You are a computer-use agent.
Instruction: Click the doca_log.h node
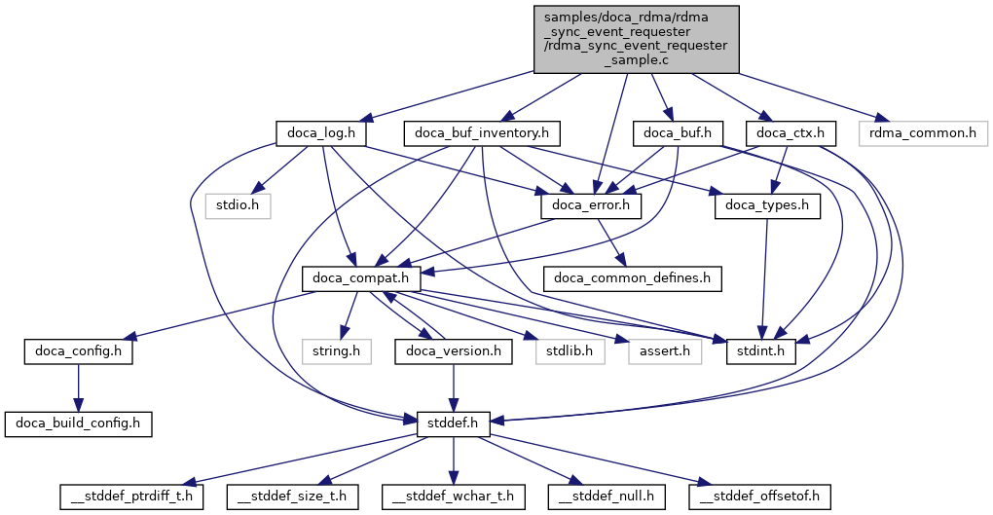point(320,132)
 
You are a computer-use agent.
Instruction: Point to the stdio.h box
point(238,205)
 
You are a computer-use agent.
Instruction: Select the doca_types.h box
point(767,205)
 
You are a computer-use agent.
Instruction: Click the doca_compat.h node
point(361,278)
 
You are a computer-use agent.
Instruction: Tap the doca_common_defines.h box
point(632,278)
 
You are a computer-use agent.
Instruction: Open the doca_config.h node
point(79,350)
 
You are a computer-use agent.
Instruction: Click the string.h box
point(336,350)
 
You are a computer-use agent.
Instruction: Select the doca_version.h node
point(454,350)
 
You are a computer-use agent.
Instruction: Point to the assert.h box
point(665,350)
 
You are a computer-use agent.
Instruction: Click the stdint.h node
point(761,350)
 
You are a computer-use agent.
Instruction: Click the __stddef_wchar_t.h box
point(454,497)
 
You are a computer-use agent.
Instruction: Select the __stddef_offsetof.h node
point(760,497)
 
